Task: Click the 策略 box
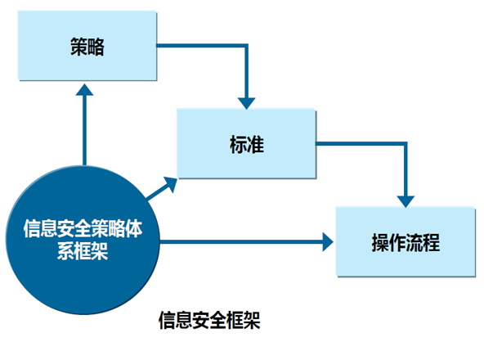[87, 46]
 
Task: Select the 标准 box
[246, 143]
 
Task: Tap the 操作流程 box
[406, 241]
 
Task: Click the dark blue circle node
[83, 240]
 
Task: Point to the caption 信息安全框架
[209, 320]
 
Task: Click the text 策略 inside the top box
[87, 47]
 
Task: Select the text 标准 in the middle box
[247, 144]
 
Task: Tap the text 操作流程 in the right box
[406, 242]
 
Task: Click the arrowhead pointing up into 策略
[84, 89]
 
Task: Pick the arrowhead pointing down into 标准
[246, 103]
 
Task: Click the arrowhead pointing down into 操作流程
[406, 201]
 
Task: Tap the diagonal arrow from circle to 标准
[161, 188]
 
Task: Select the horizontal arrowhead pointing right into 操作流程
[328, 241]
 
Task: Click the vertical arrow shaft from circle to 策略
[84, 130]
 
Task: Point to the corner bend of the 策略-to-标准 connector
[246, 46]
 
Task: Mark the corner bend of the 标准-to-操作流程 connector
[406, 144]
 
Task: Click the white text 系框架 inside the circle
[83, 251]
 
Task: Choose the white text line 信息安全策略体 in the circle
[83, 229]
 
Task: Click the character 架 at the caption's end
[252, 320]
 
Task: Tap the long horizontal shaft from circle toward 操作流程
[241, 241]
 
